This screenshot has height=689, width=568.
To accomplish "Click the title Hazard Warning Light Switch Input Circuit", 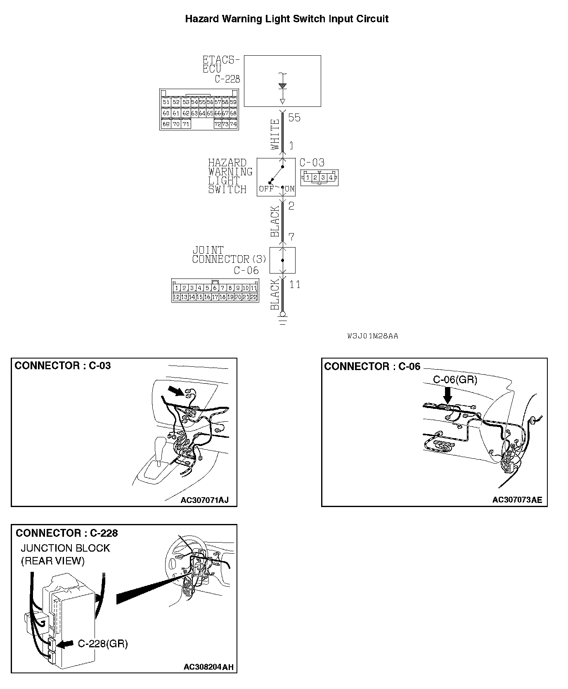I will click(286, 19).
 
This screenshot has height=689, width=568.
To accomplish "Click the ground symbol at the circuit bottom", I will click(283, 320).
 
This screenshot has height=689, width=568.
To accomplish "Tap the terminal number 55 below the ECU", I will click(294, 118).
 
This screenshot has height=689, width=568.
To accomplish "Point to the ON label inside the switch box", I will click(289, 189).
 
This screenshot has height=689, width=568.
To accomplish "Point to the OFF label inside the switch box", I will click(266, 189).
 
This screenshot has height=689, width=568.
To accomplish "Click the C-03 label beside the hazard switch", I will click(312, 163).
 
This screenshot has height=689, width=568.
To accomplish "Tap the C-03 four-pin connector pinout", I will click(319, 178).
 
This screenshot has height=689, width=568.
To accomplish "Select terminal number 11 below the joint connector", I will click(295, 285).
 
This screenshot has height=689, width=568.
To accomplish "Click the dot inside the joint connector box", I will click(283, 260).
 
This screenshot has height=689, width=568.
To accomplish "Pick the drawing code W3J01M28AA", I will click(373, 336).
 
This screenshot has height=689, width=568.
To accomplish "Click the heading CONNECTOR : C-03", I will click(63, 366).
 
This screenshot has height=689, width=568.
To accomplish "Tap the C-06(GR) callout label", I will click(455, 380).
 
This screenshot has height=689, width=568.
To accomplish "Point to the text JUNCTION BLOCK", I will click(65, 548).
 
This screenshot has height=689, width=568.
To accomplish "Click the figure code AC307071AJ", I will click(204, 500).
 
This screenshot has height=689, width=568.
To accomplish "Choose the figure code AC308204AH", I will click(208, 667).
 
